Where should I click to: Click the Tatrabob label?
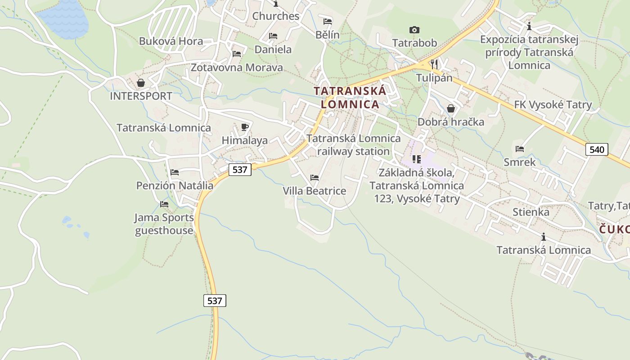(414, 43)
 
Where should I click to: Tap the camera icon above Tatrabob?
(414, 30)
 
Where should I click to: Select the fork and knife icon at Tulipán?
(434, 64)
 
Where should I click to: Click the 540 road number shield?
(597, 149)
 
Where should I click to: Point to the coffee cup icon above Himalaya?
(244, 127)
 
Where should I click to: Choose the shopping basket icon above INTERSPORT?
(141, 83)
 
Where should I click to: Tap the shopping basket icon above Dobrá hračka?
(450, 108)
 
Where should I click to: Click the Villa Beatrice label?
(315, 191)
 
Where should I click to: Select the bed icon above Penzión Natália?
(175, 172)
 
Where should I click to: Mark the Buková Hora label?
(171, 41)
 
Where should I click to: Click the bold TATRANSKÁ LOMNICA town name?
(350, 97)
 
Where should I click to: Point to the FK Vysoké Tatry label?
(553, 105)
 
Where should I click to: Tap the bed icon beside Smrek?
(520, 149)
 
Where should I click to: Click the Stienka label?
(531, 212)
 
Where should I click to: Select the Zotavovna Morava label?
(237, 67)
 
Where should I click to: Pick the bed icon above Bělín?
(328, 22)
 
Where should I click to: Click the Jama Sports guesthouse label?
(164, 224)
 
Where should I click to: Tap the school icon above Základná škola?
(416, 159)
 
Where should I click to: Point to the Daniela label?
(273, 49)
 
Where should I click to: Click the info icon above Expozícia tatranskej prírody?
(529, 26)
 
